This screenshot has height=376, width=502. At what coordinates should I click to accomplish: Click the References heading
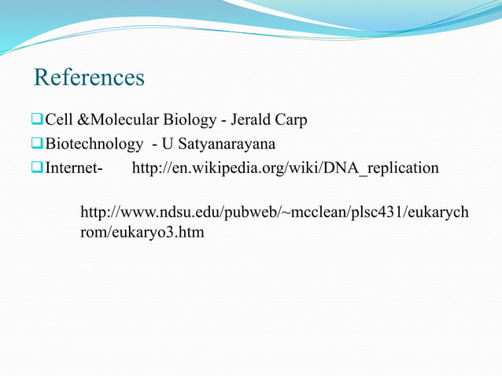[x=89, y=78]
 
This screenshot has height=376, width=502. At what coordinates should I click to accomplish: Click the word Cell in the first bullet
[x=57, y=120]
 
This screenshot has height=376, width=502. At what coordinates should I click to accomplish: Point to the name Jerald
[x=252, y=120]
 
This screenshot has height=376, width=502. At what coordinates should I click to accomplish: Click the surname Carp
[x=292, y=120]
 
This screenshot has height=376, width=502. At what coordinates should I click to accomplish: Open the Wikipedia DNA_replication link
[x=285, y=168]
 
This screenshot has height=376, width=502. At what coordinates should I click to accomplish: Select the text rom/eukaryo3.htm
[x=142, y=233]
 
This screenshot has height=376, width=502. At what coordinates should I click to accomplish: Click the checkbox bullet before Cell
[x=37, y=120]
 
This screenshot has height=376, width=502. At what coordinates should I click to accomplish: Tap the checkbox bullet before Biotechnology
[x=37, y=145]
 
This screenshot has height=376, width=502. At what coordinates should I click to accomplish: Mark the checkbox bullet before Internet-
[x=37, y=168]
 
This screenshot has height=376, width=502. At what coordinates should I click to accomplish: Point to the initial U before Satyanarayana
[x=168, y=145]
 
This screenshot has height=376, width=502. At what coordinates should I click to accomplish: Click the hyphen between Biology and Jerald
[x=224, y=121]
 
